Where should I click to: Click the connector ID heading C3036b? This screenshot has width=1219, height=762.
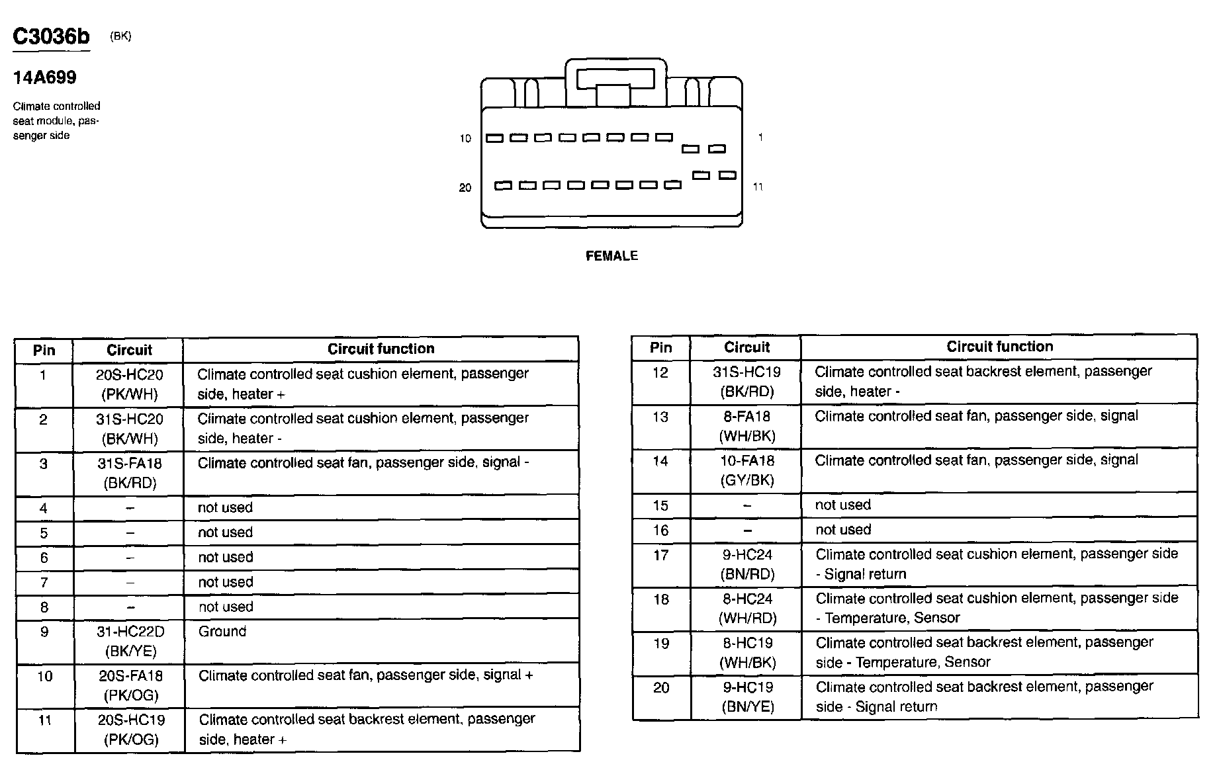[x=51, y=37]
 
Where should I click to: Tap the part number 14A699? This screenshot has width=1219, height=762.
[x=44, y=78]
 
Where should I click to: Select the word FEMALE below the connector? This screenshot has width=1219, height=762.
[x=611, y=256]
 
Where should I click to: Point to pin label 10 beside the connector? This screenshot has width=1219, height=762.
[x=465, y=138]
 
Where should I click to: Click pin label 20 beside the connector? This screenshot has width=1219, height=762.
[x=465, y=188]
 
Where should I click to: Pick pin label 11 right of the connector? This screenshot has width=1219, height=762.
[x=758, y=187]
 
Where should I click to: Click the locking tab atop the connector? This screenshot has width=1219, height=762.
[x=615, y=80]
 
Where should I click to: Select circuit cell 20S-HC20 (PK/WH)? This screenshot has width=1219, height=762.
[x=129, y=384]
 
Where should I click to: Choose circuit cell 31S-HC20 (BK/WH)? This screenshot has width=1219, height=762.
[x=129, y=429]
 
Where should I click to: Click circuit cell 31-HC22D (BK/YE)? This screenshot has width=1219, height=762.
[x=130, y=642]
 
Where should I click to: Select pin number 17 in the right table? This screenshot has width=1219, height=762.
[x=660, y=556]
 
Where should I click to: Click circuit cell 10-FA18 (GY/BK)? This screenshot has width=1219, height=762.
[x=746, y=470]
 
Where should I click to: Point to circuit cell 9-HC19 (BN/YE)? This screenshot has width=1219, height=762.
[x=747, y=697]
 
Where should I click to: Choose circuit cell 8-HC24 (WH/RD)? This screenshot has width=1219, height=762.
[x=747, y=609]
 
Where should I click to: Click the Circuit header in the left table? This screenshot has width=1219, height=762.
[x=129, y=350]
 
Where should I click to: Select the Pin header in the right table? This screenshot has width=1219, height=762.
[x=660, y=347]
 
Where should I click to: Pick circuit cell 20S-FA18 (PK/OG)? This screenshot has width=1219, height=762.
[x=130, y=685]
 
